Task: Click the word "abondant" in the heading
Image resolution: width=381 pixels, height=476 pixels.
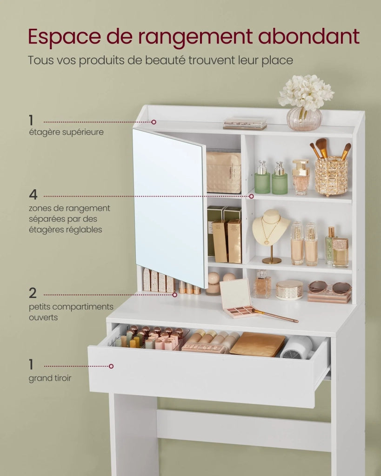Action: click(x=309, y=36)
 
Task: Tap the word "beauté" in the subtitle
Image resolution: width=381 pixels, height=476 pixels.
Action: click(x=165, y=60)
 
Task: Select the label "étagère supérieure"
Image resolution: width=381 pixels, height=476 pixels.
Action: click(x=66, y=132)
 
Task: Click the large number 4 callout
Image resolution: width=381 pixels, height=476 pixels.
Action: click(x=33, y=195)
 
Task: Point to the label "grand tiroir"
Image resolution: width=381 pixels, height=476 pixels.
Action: click(x=50, y=378)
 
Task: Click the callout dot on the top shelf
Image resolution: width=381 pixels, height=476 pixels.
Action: click(x=154, y=122)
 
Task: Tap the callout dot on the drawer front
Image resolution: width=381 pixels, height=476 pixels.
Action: click(x=111, y=366)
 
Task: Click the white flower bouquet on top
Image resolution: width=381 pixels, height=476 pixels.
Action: click(x=306, y=92)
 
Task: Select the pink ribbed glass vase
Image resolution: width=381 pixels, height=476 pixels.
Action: click(x=304, y=119)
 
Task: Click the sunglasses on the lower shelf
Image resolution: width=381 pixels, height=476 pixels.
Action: click(x=330, y=287)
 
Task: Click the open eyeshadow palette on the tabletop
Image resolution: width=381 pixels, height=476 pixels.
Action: click(x=237, y=299)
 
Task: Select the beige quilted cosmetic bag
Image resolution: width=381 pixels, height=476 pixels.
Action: click(x=224, y=172)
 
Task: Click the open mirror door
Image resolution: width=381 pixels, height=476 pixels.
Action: click(x=169, y=208)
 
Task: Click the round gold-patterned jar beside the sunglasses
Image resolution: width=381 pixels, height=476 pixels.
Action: click(x=289, y=290)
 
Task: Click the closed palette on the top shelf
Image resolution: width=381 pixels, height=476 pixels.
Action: click(x=245, y=124)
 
